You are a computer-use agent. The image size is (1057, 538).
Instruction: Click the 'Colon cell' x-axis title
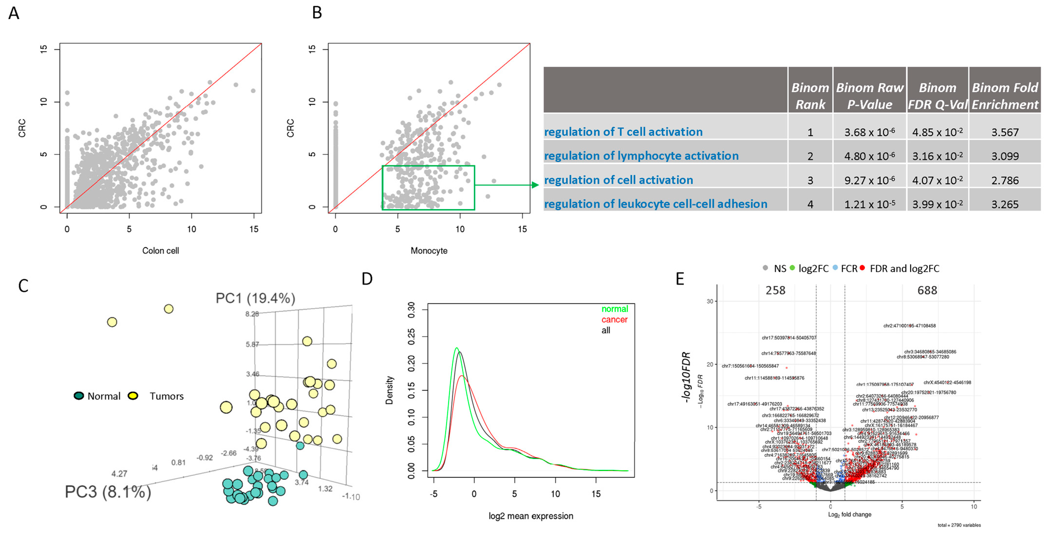[x=160, y=250]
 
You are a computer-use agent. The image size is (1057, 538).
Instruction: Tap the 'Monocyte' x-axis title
[x=429, y=250]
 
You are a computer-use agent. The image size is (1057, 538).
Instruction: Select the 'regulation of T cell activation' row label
[x=623, y=132]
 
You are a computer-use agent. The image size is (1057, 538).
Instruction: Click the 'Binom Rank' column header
[x=810, y=96]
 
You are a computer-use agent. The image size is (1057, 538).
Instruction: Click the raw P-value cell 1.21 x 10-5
[x=870, y=204]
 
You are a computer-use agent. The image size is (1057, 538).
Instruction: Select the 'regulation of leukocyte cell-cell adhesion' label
[x=655, y=204]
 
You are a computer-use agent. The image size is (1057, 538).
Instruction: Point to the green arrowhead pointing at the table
[x=535, y=185]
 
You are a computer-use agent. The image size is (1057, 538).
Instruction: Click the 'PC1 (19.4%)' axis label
[x=255, y=298]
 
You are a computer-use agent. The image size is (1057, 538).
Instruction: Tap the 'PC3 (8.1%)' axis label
[x=108, y=492]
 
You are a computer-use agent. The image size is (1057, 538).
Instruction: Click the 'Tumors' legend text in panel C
[x=166, y=396]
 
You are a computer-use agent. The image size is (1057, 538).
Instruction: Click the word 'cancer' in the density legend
[x=614, y=319]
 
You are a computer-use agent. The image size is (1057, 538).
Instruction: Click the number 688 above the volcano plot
[x=927, y=290]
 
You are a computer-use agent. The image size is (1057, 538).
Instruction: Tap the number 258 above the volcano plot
[x=775, y=290]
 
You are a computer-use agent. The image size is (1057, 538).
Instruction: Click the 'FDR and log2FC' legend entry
[x=904, y=269]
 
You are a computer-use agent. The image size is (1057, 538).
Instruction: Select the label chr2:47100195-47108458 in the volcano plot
[x=909, y=326]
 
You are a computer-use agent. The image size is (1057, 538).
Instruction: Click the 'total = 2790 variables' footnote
[x=959, y=525]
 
